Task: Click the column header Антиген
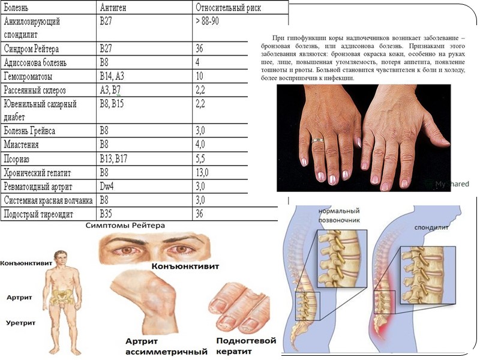click(116, 8)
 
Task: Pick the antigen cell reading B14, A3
click(113, 76)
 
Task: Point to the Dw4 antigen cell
click(107, 186)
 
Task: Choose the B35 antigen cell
click(106, 213)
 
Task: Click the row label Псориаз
click(19, 158)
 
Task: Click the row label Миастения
click(23, 145)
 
